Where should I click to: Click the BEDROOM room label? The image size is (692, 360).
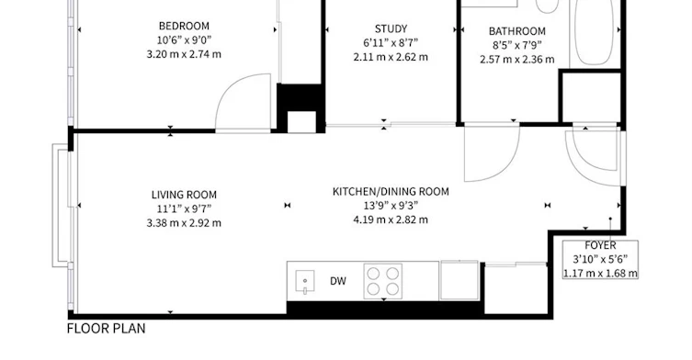click(x=184, y=26)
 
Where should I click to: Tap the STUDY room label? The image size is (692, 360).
click(x=391, y=29)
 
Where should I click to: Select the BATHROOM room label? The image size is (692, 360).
click(x=517, y=31)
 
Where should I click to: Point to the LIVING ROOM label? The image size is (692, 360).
click(x=184, y=195)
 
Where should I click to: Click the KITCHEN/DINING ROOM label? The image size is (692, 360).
click(x=391, y=191)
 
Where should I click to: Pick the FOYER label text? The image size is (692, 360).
click(x=600, y=245)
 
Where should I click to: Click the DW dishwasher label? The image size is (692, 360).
click(x=338, y=281)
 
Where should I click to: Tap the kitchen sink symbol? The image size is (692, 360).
click(x=305, y=281)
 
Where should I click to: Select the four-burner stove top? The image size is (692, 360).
click(x=383, y=281)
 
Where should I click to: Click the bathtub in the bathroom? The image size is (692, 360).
click(x=595, y=33)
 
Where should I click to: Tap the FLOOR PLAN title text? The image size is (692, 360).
click(x=106, y=329)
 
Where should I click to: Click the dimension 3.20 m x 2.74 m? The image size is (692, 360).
click(x=184, y=54)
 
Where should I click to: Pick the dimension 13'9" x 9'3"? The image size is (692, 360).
click(x=391, y=206)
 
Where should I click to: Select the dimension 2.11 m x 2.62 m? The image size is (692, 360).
click(x=391, y=57)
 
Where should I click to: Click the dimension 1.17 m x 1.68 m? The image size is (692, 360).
click(x=600, y=274)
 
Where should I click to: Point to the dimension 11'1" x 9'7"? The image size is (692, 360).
click(x=184, y=208)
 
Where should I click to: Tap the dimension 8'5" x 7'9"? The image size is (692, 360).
click(x=517, y=45)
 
